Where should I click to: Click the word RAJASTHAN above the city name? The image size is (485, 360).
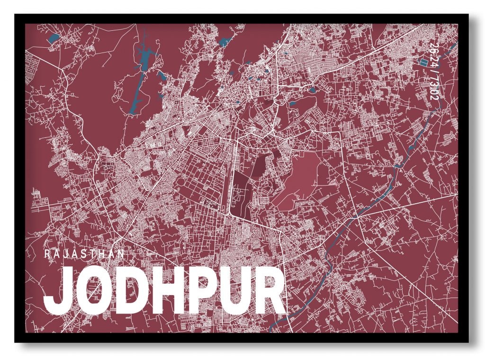85,254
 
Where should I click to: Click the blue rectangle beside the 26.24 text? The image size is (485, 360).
423,62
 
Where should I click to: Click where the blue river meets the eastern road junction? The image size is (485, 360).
353,216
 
